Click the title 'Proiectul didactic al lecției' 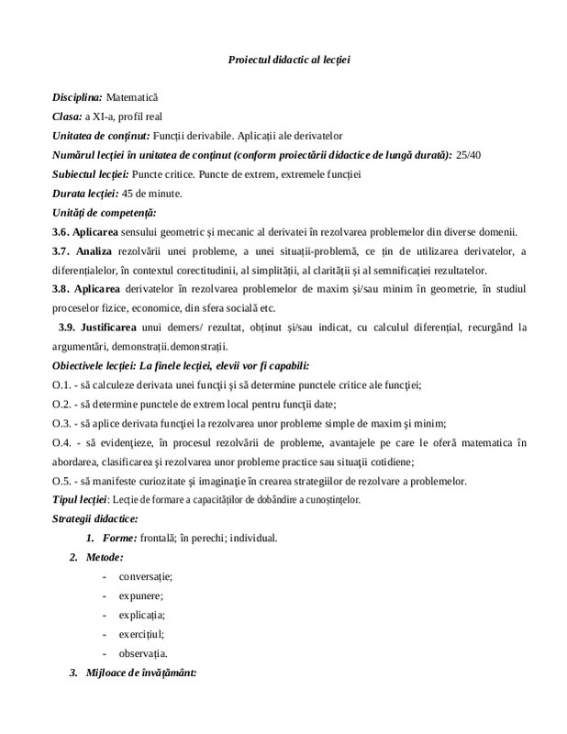point(290,60)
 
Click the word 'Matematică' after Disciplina point(133,96)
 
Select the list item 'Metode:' point(104,557)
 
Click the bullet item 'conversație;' point(146,576)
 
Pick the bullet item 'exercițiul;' point(141,634)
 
